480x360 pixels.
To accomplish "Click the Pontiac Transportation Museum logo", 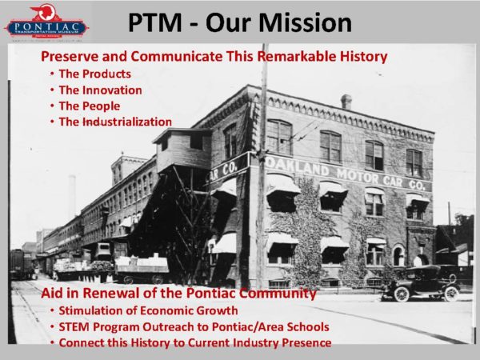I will coord(46,23).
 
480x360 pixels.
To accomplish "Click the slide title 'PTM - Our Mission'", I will coord(240,22).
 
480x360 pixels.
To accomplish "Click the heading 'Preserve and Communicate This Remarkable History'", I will coord(214,57).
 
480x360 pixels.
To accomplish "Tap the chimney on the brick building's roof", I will coord(346,102).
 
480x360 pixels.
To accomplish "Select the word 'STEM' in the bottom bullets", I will coord(78,327).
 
